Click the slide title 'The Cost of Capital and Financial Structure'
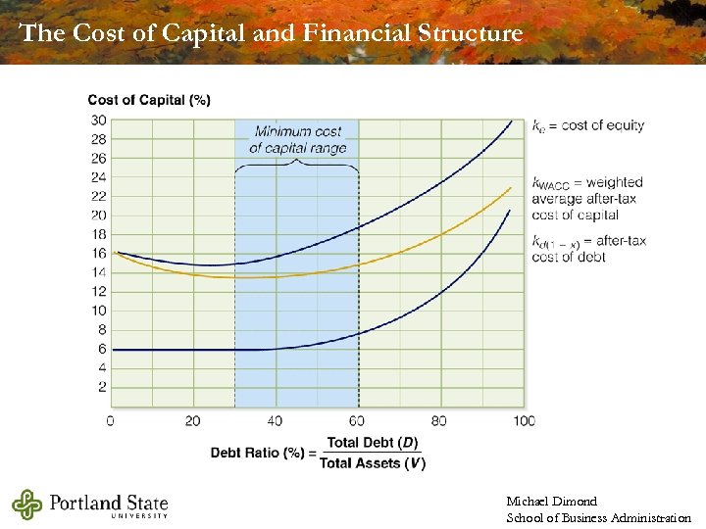(x=272, y=33)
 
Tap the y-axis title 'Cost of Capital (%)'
(x=148, y=100)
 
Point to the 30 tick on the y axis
(x=99, y=120)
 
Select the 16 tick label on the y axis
(x=99, y=254)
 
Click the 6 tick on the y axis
(x=102, y=349)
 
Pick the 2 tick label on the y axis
(x=102, y=387)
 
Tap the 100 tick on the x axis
(x=525, y=420)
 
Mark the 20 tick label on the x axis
(x=193, y=420)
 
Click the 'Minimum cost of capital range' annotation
(x=297, y=139)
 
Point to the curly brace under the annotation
(x=297, y=166)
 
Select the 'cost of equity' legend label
(x=587, y=125)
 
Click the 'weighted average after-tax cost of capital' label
(x=587, y=198)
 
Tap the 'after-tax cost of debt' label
(x=585, y=249)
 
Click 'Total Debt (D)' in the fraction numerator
(x=372, y=443)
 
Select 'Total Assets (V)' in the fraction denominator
(x=372, y=462)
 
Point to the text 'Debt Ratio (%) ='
(x=261, y=452)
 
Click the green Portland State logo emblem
(x=28, y=505)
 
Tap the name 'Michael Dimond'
(x=551, y=502)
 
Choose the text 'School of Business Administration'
(x=598, y=517)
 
